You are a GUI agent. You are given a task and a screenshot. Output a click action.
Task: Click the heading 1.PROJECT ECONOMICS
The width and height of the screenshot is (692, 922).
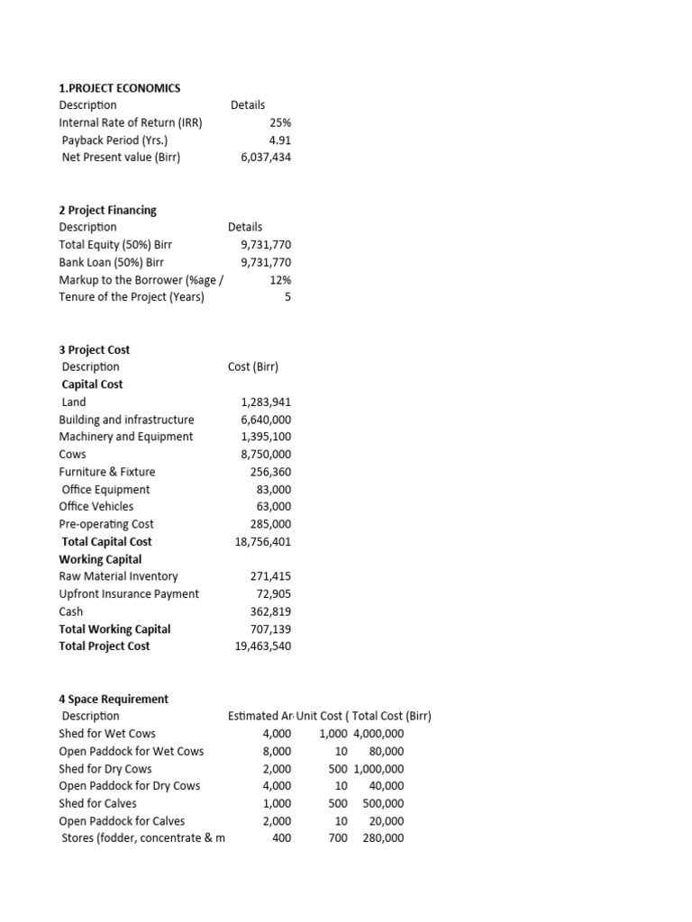120,87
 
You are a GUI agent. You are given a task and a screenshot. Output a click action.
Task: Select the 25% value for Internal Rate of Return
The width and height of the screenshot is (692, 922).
279,122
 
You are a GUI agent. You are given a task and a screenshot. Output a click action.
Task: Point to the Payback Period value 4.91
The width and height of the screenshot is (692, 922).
279,140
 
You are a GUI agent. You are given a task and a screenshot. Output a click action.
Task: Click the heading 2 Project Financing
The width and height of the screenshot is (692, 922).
107,210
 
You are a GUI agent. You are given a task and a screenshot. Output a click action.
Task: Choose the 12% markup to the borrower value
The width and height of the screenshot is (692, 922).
279,280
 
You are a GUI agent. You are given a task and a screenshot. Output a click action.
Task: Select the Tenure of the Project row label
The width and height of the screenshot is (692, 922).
132,297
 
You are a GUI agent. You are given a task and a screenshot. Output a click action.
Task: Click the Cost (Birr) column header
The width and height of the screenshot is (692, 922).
253,366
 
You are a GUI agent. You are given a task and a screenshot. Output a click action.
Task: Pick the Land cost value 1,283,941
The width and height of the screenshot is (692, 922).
266,402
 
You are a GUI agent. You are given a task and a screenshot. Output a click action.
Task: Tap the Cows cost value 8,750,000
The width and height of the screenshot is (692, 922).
266,454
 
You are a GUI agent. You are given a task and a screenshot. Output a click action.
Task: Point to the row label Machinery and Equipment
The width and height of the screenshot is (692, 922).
126,437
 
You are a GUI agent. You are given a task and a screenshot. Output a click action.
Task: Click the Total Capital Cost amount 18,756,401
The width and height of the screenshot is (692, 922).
262,542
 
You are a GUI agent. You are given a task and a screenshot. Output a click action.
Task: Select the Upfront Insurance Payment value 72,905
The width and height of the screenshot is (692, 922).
274,594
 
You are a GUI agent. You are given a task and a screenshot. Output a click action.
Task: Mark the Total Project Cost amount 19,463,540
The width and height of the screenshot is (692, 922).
262,646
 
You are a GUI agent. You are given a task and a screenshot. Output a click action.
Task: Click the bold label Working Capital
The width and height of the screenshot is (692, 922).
100,559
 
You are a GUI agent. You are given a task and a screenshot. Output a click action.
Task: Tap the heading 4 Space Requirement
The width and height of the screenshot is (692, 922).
114,699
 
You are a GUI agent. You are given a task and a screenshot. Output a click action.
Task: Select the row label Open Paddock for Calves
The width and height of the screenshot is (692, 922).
130,821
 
